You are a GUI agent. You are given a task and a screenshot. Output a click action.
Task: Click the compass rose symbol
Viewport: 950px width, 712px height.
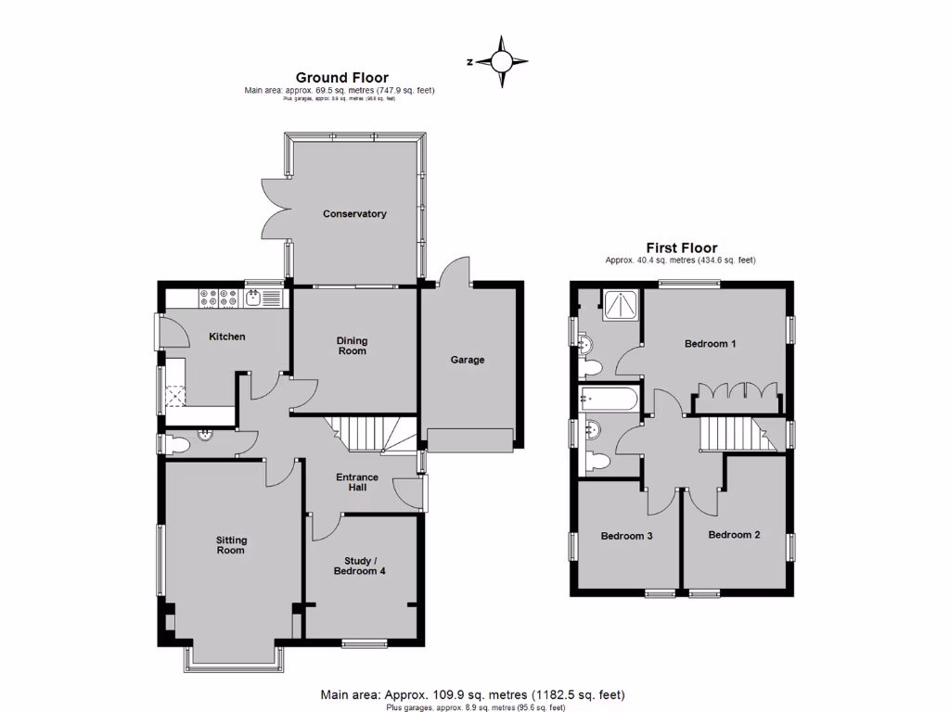click(x=501, y=62)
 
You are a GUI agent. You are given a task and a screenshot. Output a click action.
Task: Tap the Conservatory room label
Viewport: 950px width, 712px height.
click(x=354, y=214)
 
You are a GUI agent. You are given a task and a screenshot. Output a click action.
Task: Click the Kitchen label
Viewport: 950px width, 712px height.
click(x=226, y=337)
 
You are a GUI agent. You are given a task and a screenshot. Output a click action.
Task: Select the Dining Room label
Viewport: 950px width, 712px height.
click(x=352, y=346)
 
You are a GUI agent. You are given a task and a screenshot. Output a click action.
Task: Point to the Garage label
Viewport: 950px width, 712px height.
click(x=468, y=360)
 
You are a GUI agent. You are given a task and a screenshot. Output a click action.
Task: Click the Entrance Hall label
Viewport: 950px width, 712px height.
click(x=357, y=481)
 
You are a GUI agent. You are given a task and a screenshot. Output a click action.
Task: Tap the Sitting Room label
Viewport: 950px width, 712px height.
click(x=231, y=545)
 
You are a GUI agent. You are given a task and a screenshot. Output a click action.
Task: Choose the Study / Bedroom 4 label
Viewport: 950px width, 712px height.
click(x=359, y=566)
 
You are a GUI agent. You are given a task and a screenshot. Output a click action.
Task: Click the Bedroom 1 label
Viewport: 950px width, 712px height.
click(x=710, y=344)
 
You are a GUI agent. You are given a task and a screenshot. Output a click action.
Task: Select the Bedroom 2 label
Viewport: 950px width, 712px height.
click(x=734, y=535)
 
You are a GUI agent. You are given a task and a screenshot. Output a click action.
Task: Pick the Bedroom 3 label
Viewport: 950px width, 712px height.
click(x=626, y=536)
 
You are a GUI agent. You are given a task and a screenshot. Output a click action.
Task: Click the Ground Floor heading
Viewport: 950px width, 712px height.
click(x=341, y=78)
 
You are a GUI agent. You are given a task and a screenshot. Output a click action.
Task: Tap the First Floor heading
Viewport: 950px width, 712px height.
click(x=681, y=248)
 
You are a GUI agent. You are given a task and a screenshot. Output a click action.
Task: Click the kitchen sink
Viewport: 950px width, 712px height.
click(x=253, y=297)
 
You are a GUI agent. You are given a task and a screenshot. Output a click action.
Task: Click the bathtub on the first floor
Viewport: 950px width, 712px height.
click(x=608, y=400)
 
